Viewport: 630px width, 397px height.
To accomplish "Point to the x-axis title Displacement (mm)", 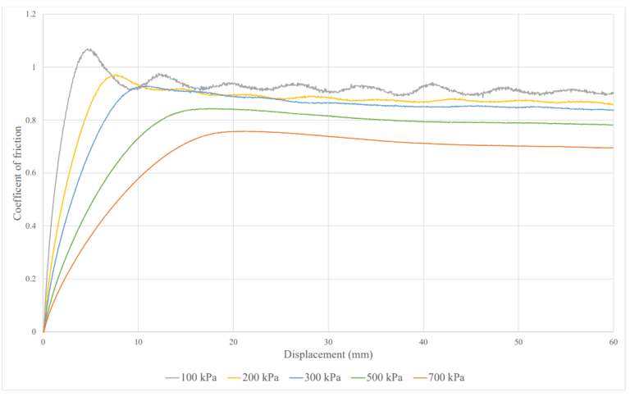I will pyautogui.click(x=328, y=354).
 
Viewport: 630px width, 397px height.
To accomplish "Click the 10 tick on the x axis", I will pyautogui.click(x=138, y=341).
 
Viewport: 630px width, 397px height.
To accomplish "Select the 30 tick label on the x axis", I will pyautogui.click(x=328, y=341).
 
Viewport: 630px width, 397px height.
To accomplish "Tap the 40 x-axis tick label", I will pyautogui.click(x=423, y=341).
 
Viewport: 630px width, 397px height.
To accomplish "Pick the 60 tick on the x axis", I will pyautogui.click(x=613, y=341).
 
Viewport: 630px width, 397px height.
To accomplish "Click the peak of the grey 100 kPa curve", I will pyautogui.click(x=89, y=49).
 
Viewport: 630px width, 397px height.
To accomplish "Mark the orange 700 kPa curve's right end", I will pyautogui.click(x=613, y=148).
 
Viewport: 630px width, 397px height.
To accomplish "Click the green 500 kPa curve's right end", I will pyautogui.click(x=613, y=125).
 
